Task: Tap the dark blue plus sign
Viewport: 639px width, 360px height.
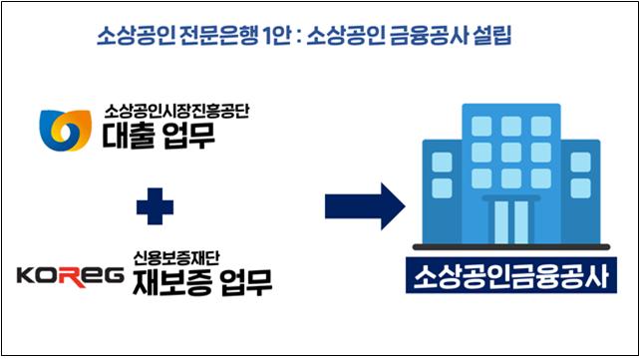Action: [x=156, y=208]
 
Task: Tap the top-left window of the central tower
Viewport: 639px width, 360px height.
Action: [x=481, y=125]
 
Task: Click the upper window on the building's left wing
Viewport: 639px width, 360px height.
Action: [x=442, y=162]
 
